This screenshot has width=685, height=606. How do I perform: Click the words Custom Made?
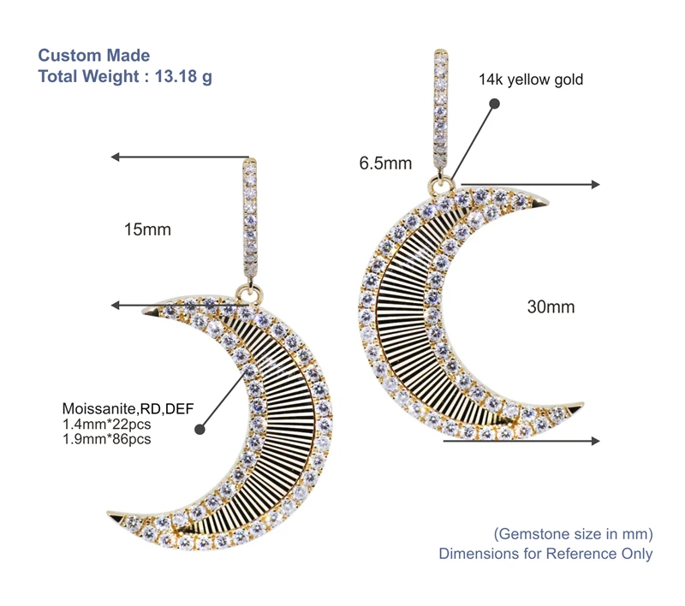[x=94, y=56]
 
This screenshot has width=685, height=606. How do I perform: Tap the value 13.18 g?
[x=183, y=75]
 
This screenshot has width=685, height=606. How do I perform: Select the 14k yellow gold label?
[x=531, y=80]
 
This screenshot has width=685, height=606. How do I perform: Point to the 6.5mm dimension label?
[x=385, y=163]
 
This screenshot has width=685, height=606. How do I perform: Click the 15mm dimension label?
[x=147, y=229]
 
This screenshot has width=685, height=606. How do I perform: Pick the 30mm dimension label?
[x=551, y=306]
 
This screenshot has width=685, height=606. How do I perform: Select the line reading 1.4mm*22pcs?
[x=107, y=424]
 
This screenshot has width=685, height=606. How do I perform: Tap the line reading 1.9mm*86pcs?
[x=107, y=439]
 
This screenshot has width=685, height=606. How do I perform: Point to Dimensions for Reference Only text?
[x=545, y=554]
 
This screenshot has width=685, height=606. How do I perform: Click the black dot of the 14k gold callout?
[x=494, y=103]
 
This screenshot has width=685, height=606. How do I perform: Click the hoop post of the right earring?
[x=440, y=111]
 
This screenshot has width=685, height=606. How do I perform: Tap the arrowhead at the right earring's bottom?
[x=594, y=441]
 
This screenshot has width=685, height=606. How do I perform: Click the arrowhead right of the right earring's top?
[x=594, y=184]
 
